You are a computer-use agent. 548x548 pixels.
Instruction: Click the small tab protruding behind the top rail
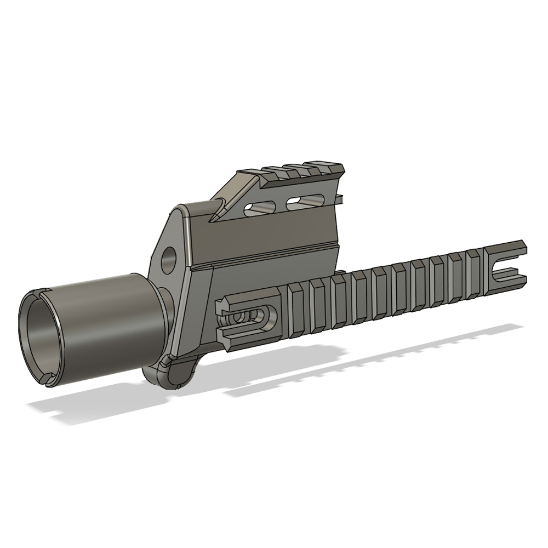[x=340, y=196]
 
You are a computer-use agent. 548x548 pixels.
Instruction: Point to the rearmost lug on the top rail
[x=329, y=165]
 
